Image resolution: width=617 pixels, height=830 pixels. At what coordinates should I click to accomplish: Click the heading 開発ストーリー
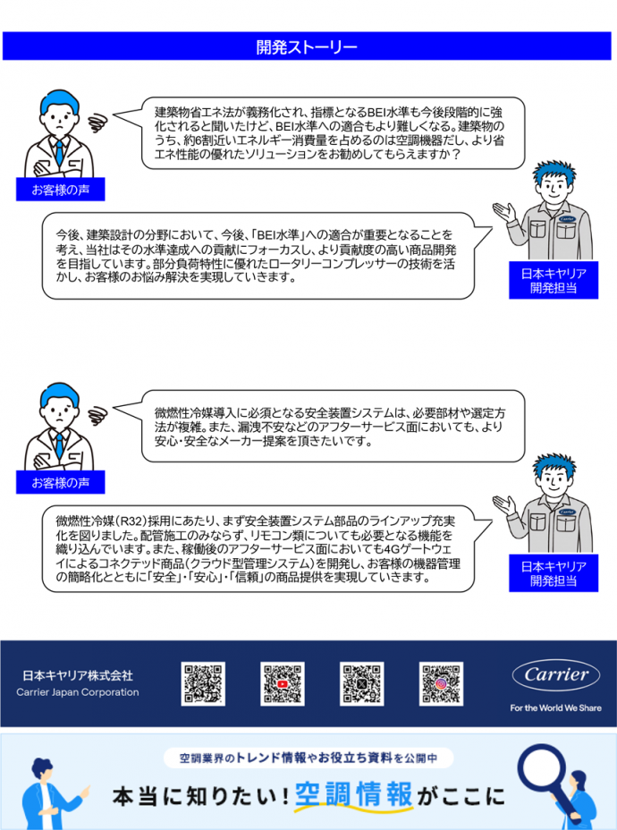pos(308,46)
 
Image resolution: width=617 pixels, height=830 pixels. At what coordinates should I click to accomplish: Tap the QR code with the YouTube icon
pos(283,683)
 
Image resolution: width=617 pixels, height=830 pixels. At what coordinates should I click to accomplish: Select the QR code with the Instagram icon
pos(440,683)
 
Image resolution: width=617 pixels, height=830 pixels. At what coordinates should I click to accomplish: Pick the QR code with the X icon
pos(361,683)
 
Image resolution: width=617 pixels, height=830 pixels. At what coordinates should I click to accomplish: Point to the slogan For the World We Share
pos(555,707)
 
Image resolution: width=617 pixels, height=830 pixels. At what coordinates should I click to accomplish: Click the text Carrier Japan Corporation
pos(78,692)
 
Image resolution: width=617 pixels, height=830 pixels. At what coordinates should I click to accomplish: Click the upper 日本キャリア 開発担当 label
pos(554,281)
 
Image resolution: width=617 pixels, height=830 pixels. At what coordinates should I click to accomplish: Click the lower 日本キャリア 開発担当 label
pos(554,573)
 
